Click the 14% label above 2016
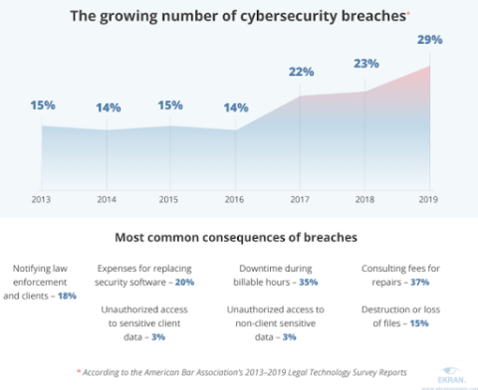click(x=237, y=106)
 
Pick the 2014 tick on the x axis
click(x=107, y=199)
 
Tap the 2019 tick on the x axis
click(x=429, y=199)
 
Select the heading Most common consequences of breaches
click(x=238, y=239)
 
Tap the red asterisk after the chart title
click(x=407, y=12)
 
